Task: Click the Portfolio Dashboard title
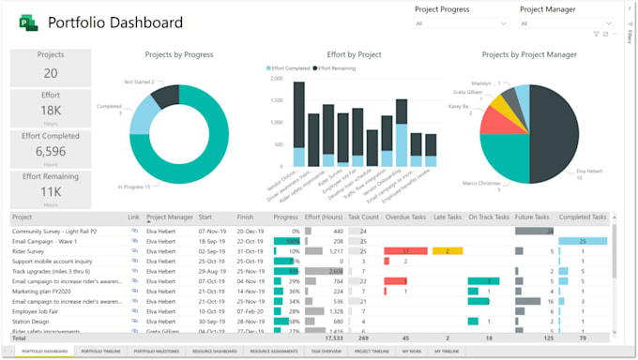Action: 114,22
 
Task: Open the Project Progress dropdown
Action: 463,24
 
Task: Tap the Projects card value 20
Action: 51,73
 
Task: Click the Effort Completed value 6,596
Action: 51,151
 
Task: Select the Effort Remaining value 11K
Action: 51,192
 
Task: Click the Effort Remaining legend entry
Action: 341,68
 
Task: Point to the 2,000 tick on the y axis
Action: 277,79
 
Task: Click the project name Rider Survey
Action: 29,251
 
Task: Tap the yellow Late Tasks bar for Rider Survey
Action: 448,251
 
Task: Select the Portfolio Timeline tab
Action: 100,351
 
